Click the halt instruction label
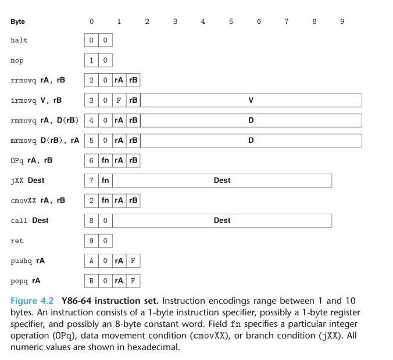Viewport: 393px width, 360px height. coord(19,40)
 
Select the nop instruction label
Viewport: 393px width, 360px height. coord(17,60)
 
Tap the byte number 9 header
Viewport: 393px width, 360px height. coord(342,21)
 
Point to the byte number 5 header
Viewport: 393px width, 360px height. coord(231,21)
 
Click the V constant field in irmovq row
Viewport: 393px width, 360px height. coord(251,100)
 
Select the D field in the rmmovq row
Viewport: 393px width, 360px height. coord(251,121)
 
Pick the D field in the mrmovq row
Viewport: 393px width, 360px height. coord(251,141)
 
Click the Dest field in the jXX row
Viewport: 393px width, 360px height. coord(222,181)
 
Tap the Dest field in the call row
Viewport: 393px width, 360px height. coord(222,221)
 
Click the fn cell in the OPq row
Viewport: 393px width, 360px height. coord(105,161)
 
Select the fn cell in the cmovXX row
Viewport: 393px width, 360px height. coord(105,201)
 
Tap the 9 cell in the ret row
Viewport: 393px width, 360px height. coord(91,241)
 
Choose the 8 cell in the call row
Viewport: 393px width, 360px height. coord(91,221)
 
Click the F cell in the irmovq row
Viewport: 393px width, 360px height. coord(119,100)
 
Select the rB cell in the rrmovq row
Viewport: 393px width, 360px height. coord(133,80)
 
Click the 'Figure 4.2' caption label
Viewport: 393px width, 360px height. coord(32,301)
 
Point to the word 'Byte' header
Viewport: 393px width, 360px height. coord(17,21)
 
